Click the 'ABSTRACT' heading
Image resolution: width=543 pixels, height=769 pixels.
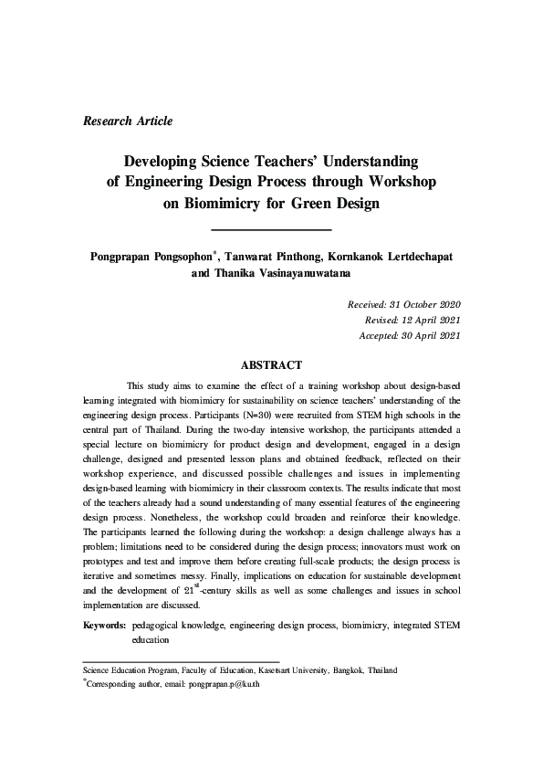pyautogui.click(x=271, y=365)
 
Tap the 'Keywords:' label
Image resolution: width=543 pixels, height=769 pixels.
pyautogui.click(x=104, y=627)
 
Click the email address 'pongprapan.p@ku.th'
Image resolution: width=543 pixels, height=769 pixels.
pyautogui.click(x=225, y=683)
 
